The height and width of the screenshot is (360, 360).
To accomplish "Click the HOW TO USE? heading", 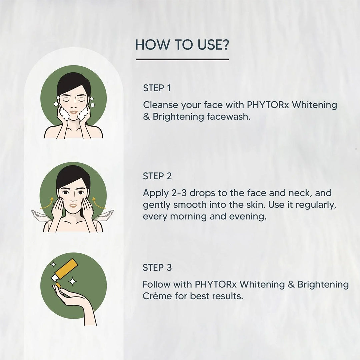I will [182, 45].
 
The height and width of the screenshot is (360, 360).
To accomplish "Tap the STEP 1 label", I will [157, 88].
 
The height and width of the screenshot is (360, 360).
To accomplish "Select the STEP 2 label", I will [157, 176].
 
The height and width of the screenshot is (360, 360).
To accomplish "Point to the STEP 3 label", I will [157, 267].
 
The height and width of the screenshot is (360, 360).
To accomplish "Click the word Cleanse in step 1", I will [161, 105].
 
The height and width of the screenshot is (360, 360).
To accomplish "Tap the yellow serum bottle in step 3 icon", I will [68, 269].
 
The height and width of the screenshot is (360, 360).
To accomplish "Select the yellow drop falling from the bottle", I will [58, 285].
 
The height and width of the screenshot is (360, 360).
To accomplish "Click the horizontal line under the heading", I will [182, 59].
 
